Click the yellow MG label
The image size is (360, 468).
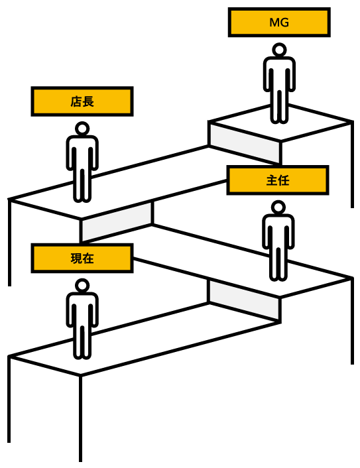[x=279, y=23]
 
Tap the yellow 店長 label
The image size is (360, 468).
[x=82, y=101]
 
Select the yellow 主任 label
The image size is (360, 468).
[x=278, y=180]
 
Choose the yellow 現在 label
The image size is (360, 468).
[x=82, y=258]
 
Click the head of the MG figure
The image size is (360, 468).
[x=279, y=50]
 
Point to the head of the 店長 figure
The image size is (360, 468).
[x=82, y=129]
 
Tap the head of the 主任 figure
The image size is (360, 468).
[x=278, y=207]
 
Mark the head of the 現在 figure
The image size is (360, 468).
[x=82, y=286]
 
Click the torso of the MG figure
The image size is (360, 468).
[x=279, y=75]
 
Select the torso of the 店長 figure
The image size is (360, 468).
[x=82, y=153]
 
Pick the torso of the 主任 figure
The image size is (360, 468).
[x=278, y=232]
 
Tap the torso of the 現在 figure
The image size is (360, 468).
[x=82, y=310]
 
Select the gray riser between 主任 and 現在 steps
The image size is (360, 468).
[x=244, y=300]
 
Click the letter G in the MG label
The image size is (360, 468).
[x=284, y=23]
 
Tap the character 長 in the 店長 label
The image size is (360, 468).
[x=88, y=101]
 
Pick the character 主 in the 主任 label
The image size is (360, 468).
[x=272, y=180]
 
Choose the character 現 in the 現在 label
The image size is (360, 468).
[x=76, y=258]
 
